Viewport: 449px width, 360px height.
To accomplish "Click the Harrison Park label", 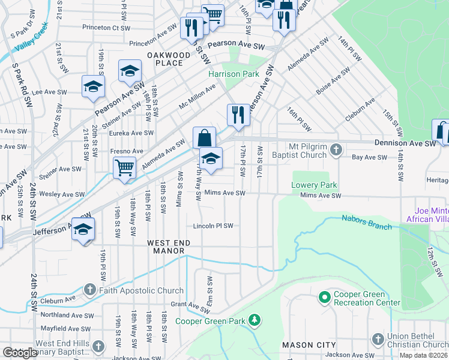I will click(x=234, y=74).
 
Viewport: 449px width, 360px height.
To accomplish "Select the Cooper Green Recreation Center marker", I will click(x=325, y=297).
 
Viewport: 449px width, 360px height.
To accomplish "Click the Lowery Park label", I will click(x=315, y=185).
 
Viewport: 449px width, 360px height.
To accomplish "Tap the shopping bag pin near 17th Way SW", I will click(x=204, y=137).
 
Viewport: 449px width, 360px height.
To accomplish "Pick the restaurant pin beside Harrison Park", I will click(x=238, y=114).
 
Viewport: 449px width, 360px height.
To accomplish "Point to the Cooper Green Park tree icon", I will click(x=255, y=321).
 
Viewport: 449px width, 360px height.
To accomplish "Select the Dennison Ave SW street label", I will click(x=405, y=143).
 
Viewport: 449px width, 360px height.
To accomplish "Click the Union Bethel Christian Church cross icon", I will click(x=378, y=340).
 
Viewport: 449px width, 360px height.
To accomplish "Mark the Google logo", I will click(x=20, y=353).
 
